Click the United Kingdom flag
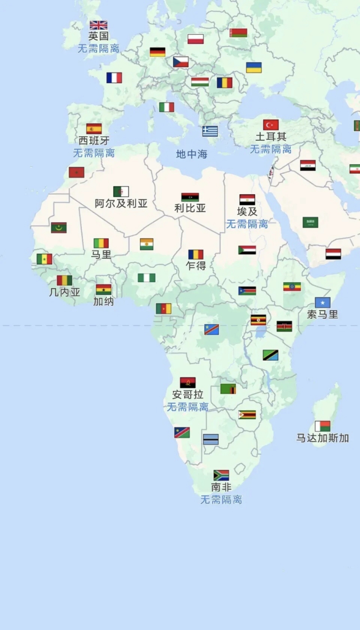pyautogui.click(x=98, y=25)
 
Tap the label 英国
pyautogui.click(x=98, y=36)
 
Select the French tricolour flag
pyautogui.click(x=114, y=78)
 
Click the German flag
pyautogui.click(x=158, y=52)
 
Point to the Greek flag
pyautogui.click(x=210, y=131)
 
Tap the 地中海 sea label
pyautogui.click(x=192, y=154)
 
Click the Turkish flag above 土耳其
pyautogui.click(x=271, y=125)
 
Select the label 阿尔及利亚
pyautogui.click(x=121, y=203)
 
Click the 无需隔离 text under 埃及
pyautogui.click(x=247, y=224)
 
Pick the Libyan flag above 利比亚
pyautogui.click(x=190, y=197)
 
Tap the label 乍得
pyautogui.click(x=196, y=266)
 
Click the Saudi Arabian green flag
pyautogui.click(x=310, y=222)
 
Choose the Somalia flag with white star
pyautogui.click(x=323, y=302)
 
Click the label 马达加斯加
pyautogui.click(x=323, y=438)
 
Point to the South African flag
pyautogui.click(x=221, y=475)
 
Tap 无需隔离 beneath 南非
pyautogui.click(x=221, y=500)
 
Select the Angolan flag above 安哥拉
pyautogui.click(x=188, y=382)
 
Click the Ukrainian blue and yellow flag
pyautogui.click(x=254, y=67)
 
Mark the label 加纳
pyautogui.click(x=103, y=301)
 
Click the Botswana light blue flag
pyautogui.click(x=211, y=439)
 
